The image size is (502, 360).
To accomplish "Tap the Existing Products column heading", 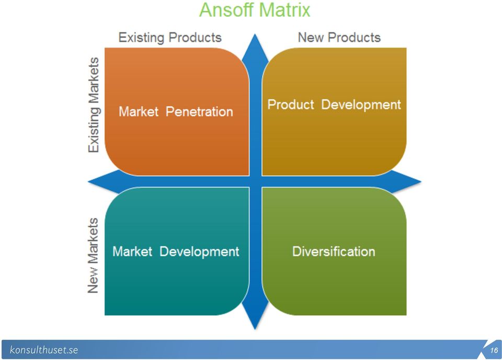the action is (170, 38).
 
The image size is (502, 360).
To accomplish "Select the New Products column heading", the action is (339, 38).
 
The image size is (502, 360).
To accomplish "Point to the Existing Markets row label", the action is (94, 105).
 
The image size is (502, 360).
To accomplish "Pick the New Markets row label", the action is (93, 256).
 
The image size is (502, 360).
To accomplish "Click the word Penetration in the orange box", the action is (199, 112).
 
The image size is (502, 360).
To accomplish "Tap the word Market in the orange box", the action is (139, 112).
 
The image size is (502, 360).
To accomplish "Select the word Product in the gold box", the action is (291, 104).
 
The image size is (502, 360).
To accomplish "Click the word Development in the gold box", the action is (361, 105).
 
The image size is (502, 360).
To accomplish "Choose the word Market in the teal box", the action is (132, 251).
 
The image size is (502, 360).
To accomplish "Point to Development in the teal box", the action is (199, 252).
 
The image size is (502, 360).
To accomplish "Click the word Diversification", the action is (334, 251).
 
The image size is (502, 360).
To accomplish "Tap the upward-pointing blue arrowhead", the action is (255, 48).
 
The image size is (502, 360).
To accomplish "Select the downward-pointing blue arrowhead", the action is (255, 316).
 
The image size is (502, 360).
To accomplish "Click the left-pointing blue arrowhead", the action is (103, 181).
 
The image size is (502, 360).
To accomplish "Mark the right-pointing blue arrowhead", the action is (406, 181).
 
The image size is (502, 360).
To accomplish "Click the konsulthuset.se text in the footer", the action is (44, 350).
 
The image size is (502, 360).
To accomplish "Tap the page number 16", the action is (494, 350).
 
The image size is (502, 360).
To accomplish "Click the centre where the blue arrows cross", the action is (255, 181).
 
